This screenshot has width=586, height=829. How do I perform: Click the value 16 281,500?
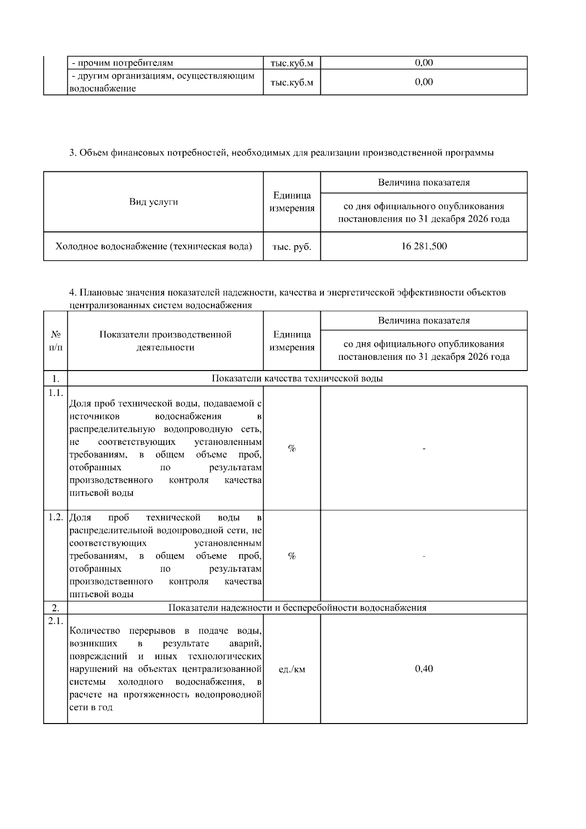click(424, 246)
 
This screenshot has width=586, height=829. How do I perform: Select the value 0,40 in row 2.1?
click(424, 668)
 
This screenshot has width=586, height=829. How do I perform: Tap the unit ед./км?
click(292, 669)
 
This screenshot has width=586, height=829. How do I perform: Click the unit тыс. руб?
click(292, 247)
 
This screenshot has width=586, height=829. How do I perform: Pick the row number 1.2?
click(55, 517)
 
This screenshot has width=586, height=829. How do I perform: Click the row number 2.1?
click(55, 621)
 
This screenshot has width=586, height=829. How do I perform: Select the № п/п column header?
click(56, 341)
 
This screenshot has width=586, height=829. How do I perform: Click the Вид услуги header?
click(153, 202)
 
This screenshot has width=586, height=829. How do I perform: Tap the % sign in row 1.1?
click(292, 448)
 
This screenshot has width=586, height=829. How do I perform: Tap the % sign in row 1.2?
click(292, 556)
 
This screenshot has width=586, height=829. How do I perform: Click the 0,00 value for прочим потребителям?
click(424, 62)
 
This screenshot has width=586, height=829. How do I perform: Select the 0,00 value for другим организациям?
click(424, 82)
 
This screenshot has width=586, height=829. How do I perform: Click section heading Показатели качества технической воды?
click(297, 378)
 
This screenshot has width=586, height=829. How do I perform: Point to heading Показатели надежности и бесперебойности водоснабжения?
click(297, 608)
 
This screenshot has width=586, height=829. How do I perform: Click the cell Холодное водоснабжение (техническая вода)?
click(153, 247)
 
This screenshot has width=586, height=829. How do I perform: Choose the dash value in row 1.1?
click(424, 448)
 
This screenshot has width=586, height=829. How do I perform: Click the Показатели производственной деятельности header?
click(165, 341)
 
